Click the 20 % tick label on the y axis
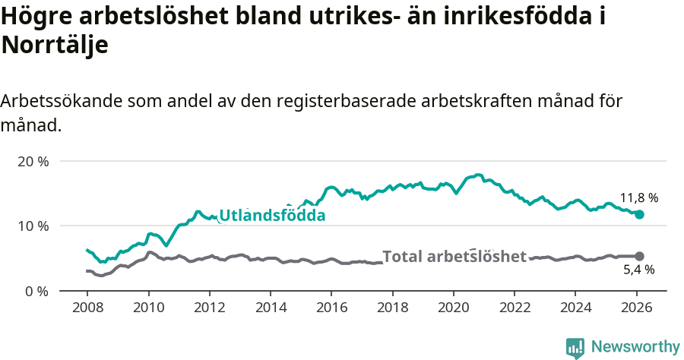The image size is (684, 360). click(33, 161)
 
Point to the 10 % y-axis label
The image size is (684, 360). click(33, 226)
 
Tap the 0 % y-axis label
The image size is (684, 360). click(36, 290)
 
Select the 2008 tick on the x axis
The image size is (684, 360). click(87, 309)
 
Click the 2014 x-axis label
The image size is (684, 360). click(270, 309)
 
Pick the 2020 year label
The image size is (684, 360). click(453, 309)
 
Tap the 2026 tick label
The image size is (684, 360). click(636, 309)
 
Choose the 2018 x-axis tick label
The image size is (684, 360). click(392, 309)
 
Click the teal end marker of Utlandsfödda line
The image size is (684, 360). click(639, 215)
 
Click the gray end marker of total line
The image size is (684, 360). click(639, 256)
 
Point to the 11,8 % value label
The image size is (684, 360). click(638, 198)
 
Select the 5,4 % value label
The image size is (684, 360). click(638, 270)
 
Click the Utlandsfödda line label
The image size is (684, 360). click(272, 216)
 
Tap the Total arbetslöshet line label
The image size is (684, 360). click(454, 257)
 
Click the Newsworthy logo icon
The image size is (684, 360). click(575, 347)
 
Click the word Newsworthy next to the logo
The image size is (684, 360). click(635, 347)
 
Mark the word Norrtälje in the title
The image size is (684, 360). click(55, 45)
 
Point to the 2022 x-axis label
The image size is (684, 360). click(514, 309)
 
